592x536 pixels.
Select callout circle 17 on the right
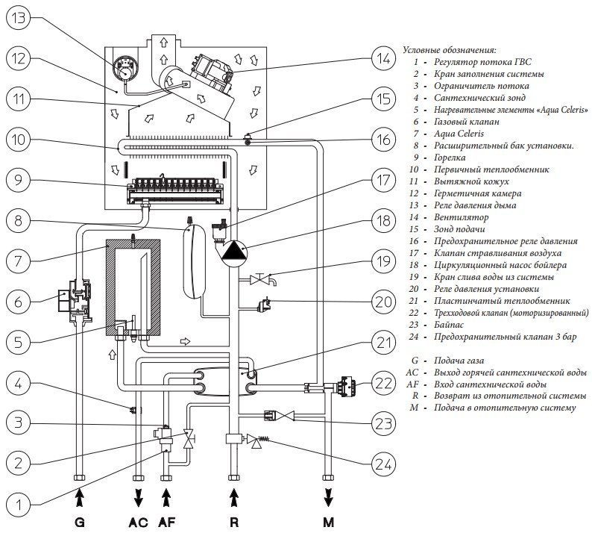click(x=383, y=181)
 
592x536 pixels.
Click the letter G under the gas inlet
click(x=79, y=522)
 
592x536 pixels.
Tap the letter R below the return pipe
click(x=235, y=522)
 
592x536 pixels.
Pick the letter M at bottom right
click(x=329, y=522)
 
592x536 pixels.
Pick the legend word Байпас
click(x=446, y=325)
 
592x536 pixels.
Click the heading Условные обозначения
click(x=449, y=49)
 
